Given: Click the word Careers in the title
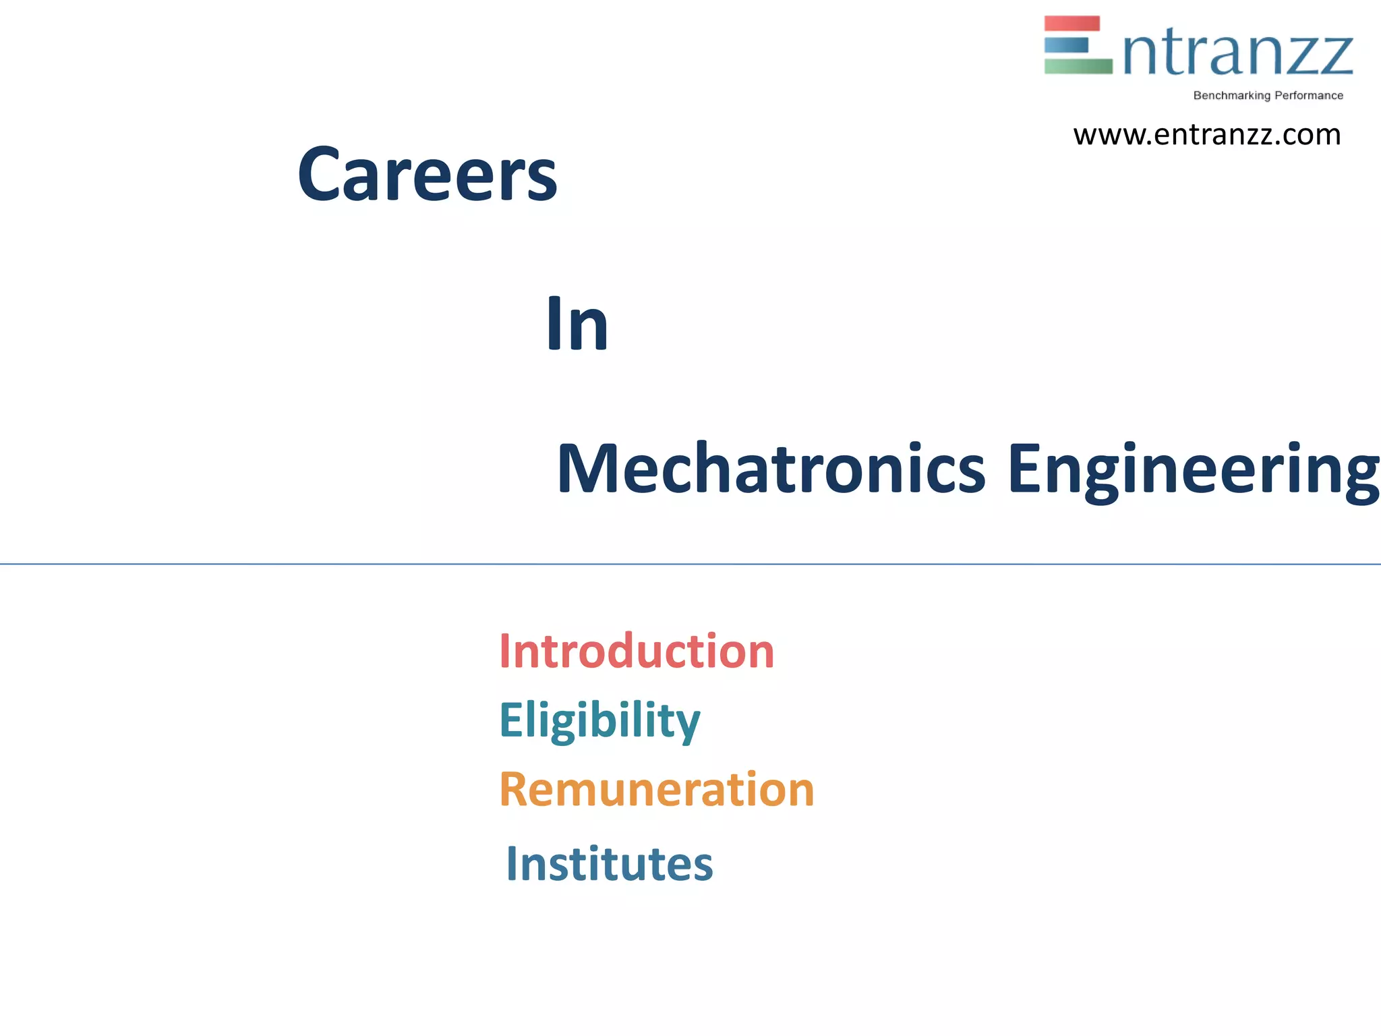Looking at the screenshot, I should coord(428,175).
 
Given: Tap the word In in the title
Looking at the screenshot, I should coord(577,324).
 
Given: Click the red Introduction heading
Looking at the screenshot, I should coord(637,652).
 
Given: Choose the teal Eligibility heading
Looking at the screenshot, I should coord(599,720).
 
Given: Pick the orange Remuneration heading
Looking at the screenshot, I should coord(657,790).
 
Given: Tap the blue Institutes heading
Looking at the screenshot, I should coord(610,864).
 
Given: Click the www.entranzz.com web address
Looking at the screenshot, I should coord(1207,135).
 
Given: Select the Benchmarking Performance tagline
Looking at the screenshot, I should coord(1268,96).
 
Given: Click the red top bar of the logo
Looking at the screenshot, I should coord(1071,24).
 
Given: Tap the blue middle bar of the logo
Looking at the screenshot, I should coord(1066,45).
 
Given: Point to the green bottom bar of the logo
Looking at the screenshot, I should coord(1078,66).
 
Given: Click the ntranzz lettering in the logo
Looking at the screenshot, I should coord(1238,53).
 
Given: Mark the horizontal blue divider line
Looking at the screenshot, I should coord(690,564).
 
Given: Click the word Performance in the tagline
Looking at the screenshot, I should coord(1309,96).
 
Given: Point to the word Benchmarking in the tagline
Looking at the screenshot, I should coord(1231,96).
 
